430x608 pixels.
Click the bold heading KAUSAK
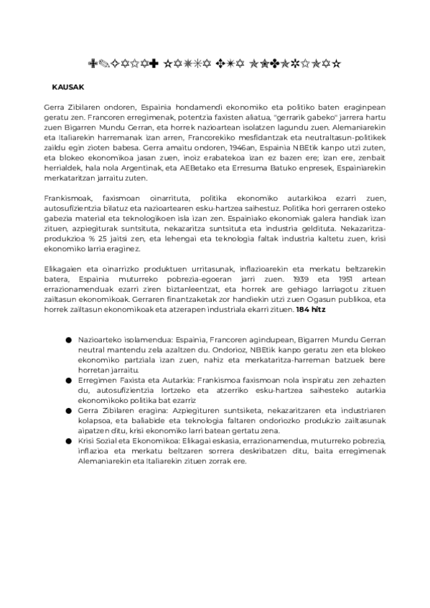point(68,87)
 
